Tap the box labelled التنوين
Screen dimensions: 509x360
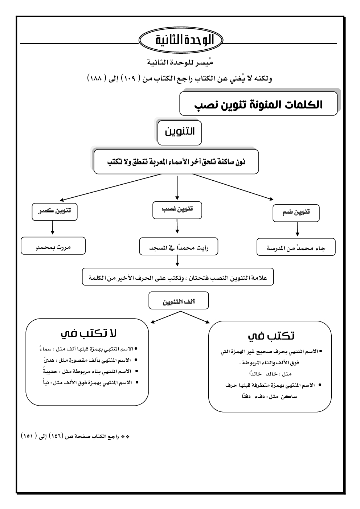click(x=180, y=132)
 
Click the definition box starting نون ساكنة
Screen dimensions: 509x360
click(x=176, y=162)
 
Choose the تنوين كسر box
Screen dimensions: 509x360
click(x=54, y=212)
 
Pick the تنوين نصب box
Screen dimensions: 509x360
click(x=177, y=210)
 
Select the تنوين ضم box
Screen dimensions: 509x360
click(x=296, y=213)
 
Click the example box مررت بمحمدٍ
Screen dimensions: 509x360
click(x=53, y=246)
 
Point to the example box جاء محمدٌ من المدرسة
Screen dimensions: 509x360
click(x=296, y=248)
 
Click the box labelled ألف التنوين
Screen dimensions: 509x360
click(x=179, y=301)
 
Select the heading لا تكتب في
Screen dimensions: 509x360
click(x=88, y=334)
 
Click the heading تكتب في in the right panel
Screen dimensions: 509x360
click(x=271, y=336)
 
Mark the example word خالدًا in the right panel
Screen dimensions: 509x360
click(x=254, y=374)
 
